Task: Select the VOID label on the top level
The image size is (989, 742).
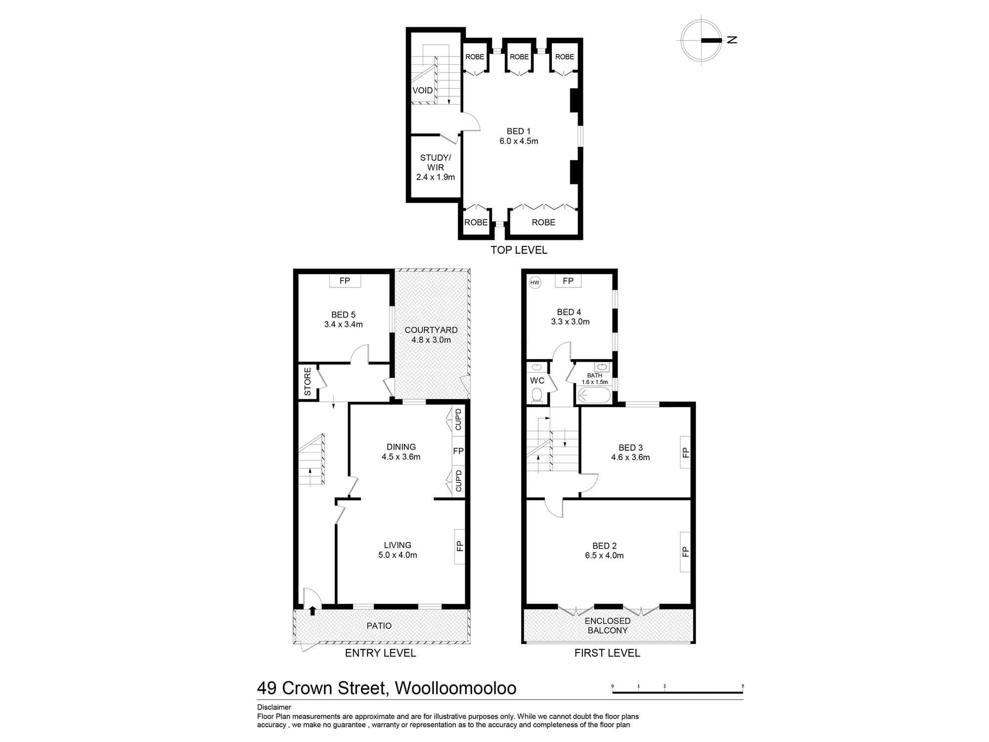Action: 423,91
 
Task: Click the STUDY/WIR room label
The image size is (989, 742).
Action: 435,167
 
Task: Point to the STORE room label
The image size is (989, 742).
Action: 308,381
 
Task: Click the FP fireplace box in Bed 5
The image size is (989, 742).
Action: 345,281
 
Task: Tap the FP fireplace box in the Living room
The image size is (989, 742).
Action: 459,546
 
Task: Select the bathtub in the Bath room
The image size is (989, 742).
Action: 593,395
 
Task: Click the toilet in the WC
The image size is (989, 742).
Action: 537,395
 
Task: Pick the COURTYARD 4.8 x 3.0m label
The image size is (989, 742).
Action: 431,335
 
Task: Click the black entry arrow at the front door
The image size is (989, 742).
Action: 313,611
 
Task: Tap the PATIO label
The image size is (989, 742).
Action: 379,626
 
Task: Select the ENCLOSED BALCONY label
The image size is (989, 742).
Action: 607,626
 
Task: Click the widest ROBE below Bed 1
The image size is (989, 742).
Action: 543,223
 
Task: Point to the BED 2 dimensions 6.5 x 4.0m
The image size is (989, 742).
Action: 604,556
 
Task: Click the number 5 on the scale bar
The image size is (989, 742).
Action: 743,686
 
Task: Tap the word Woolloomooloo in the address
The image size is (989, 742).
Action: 456,688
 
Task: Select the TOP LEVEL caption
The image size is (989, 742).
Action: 519,250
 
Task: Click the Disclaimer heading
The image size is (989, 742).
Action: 274,707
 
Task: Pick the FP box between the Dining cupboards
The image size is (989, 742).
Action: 458,451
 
